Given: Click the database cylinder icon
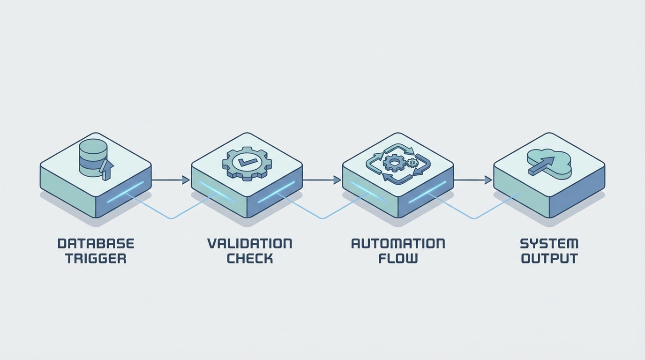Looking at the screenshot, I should coord(93,157).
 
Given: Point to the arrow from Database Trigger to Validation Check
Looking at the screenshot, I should coord(171,180).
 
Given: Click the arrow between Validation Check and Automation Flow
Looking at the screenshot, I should coord(322,180).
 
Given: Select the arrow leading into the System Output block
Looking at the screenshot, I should coord(472,180).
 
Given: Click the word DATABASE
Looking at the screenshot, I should coord(96,244).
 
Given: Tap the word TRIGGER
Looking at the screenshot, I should coord(96,258).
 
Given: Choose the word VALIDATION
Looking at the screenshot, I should coord(249,244).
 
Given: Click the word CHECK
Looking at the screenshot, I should coord(249,258).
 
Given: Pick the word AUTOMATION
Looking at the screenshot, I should coord(398,244).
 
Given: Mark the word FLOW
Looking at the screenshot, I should coord(398,258).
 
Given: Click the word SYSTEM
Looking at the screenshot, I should coord(549,244).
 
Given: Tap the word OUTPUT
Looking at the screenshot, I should coord(549,258).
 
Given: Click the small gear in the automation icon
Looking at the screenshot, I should coord(412,163).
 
